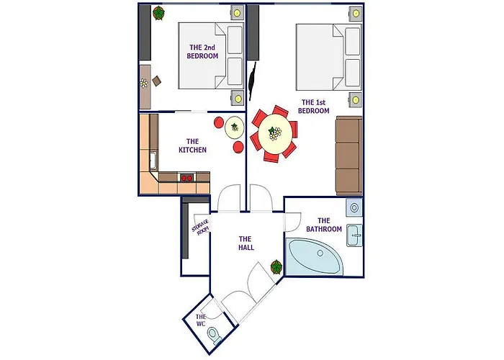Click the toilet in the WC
pyautogui.click(x=214, y=335)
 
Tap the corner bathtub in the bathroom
pyautogui.click(x=315, y=257)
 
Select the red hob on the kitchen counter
pyautogui.click(x=187, y=177)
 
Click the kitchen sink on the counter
pyautogui.click(x=153, y=161)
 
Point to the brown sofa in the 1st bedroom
pyautogui.click(x=348, y=156)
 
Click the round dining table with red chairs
pyautogui.click(x=276, y=132)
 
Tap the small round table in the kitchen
pyautogui.click(x=235, y=127)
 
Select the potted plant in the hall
pyautogui.click(x=276, y=267)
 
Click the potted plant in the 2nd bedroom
pyautogui.click(x=158, y=13)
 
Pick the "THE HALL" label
pyautogui.click(x=246, y=243)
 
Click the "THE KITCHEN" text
pyautogui.click(x=192, y=145)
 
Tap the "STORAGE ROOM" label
pyautogui.click(x=201, y=227)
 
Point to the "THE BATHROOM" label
pyautogui.click(x=324, y=225)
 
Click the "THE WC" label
pyautogui.click(x=201, y=320)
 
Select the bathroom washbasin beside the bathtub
pyautogui.click(x=354, y=235)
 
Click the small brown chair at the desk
pyautogui.click(x=157, y=81)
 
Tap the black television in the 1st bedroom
pyautogui.click(x=253, y=81)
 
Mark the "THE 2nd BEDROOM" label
pyautogui.click(x=202, y=51)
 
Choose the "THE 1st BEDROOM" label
pyautogui.click(x=313, y=107)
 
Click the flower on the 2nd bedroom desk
pyautogui.click(x=144, y=84)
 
